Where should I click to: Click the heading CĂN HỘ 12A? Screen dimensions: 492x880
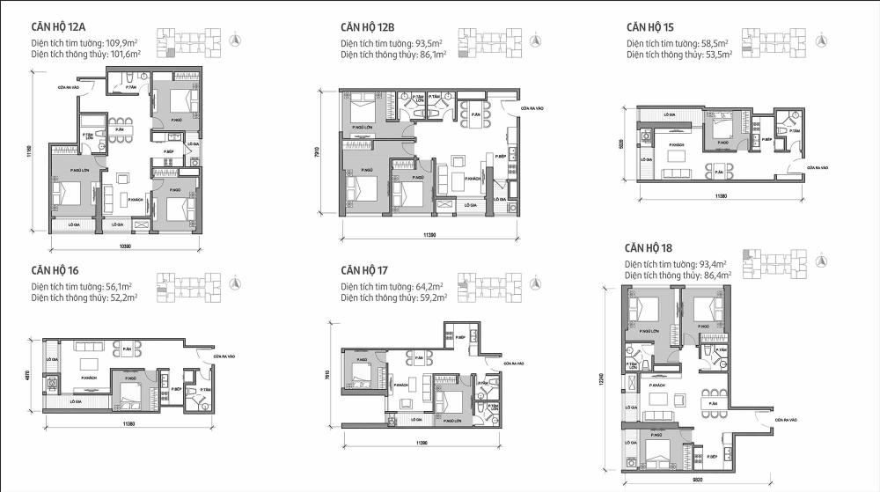pyautogui.click(x=67, y=27)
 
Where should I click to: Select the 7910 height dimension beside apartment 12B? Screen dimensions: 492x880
pyautogui.click(x=329, y=151)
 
